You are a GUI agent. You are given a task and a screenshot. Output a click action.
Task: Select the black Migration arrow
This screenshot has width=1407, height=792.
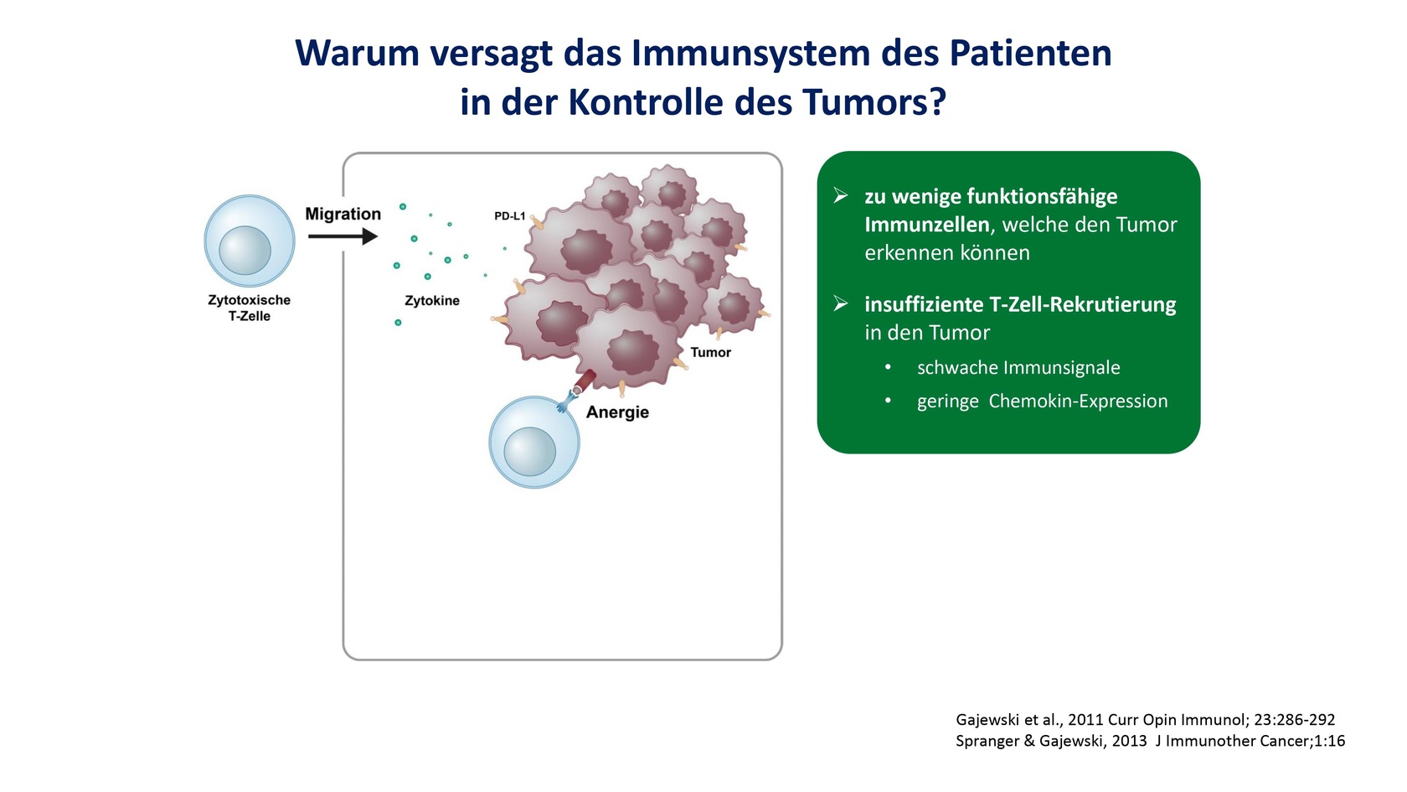(343, 236)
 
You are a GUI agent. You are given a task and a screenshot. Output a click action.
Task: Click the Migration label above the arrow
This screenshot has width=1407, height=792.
(343, 214)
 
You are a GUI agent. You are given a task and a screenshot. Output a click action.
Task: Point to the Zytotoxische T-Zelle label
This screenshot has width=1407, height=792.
(250, 308)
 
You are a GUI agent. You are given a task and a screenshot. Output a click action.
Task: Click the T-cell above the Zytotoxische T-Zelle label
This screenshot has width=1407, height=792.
(250, 241)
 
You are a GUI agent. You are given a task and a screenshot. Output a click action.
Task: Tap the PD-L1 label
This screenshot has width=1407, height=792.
(509, 216)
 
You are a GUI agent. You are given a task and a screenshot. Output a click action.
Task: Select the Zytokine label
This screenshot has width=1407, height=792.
(432, 300)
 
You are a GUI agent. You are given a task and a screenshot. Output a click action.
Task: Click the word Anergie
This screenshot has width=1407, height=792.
(617, 412)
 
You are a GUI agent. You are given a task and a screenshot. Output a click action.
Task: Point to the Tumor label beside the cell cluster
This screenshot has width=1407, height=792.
(710, 353)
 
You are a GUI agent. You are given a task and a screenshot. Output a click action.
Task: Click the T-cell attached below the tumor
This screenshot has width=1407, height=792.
(534, 442)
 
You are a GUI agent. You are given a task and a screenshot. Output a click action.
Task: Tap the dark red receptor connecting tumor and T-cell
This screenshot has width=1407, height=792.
(585, 380)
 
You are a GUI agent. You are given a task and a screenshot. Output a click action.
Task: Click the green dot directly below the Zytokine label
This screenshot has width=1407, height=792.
(398, 323)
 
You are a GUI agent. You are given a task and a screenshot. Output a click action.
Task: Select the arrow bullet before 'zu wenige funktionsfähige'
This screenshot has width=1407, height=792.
(841, 195)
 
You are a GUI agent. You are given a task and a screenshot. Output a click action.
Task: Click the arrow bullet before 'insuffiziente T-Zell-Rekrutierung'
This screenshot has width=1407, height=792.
(841, 303)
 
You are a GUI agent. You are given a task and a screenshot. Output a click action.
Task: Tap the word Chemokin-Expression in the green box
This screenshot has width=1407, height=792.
(1078, 401)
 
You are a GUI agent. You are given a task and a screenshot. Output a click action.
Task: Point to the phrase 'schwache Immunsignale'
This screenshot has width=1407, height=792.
(1018, 368)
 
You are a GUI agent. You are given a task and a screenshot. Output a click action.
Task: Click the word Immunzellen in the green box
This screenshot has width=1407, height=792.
(927, 225)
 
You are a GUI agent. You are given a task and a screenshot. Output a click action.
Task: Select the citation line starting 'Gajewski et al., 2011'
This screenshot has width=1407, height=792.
(1145, 720)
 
